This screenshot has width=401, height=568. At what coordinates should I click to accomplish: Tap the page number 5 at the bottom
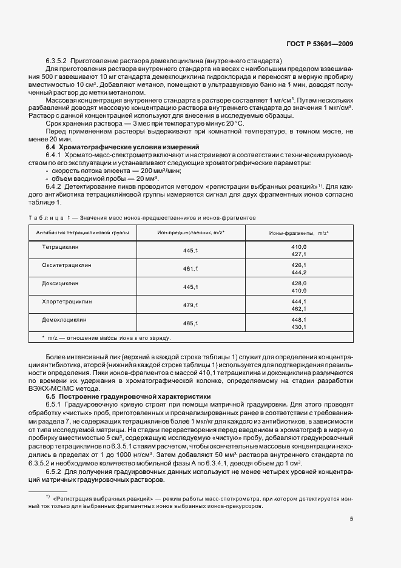[351, 518]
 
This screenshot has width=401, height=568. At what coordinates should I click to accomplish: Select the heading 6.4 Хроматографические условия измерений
[123, 147]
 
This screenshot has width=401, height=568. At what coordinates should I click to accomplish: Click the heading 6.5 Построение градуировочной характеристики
[127, 396]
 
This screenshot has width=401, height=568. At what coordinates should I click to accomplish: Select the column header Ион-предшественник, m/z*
[191, 232]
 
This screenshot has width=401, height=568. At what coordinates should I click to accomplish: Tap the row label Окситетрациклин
[67, 265]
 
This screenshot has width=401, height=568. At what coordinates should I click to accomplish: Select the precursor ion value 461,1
[191, 268]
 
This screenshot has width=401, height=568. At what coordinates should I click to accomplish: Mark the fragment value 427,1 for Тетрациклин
[299, 255]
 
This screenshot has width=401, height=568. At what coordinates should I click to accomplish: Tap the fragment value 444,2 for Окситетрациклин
[299, 272]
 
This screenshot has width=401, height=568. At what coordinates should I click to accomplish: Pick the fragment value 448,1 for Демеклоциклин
[299, 319]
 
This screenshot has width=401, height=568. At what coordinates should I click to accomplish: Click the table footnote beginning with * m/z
[106, 337]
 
